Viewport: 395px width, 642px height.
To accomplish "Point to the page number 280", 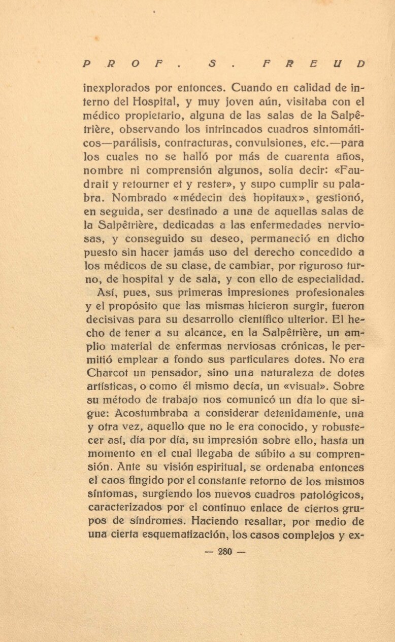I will [224, 552].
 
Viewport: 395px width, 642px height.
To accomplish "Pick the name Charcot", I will [105, 373].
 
